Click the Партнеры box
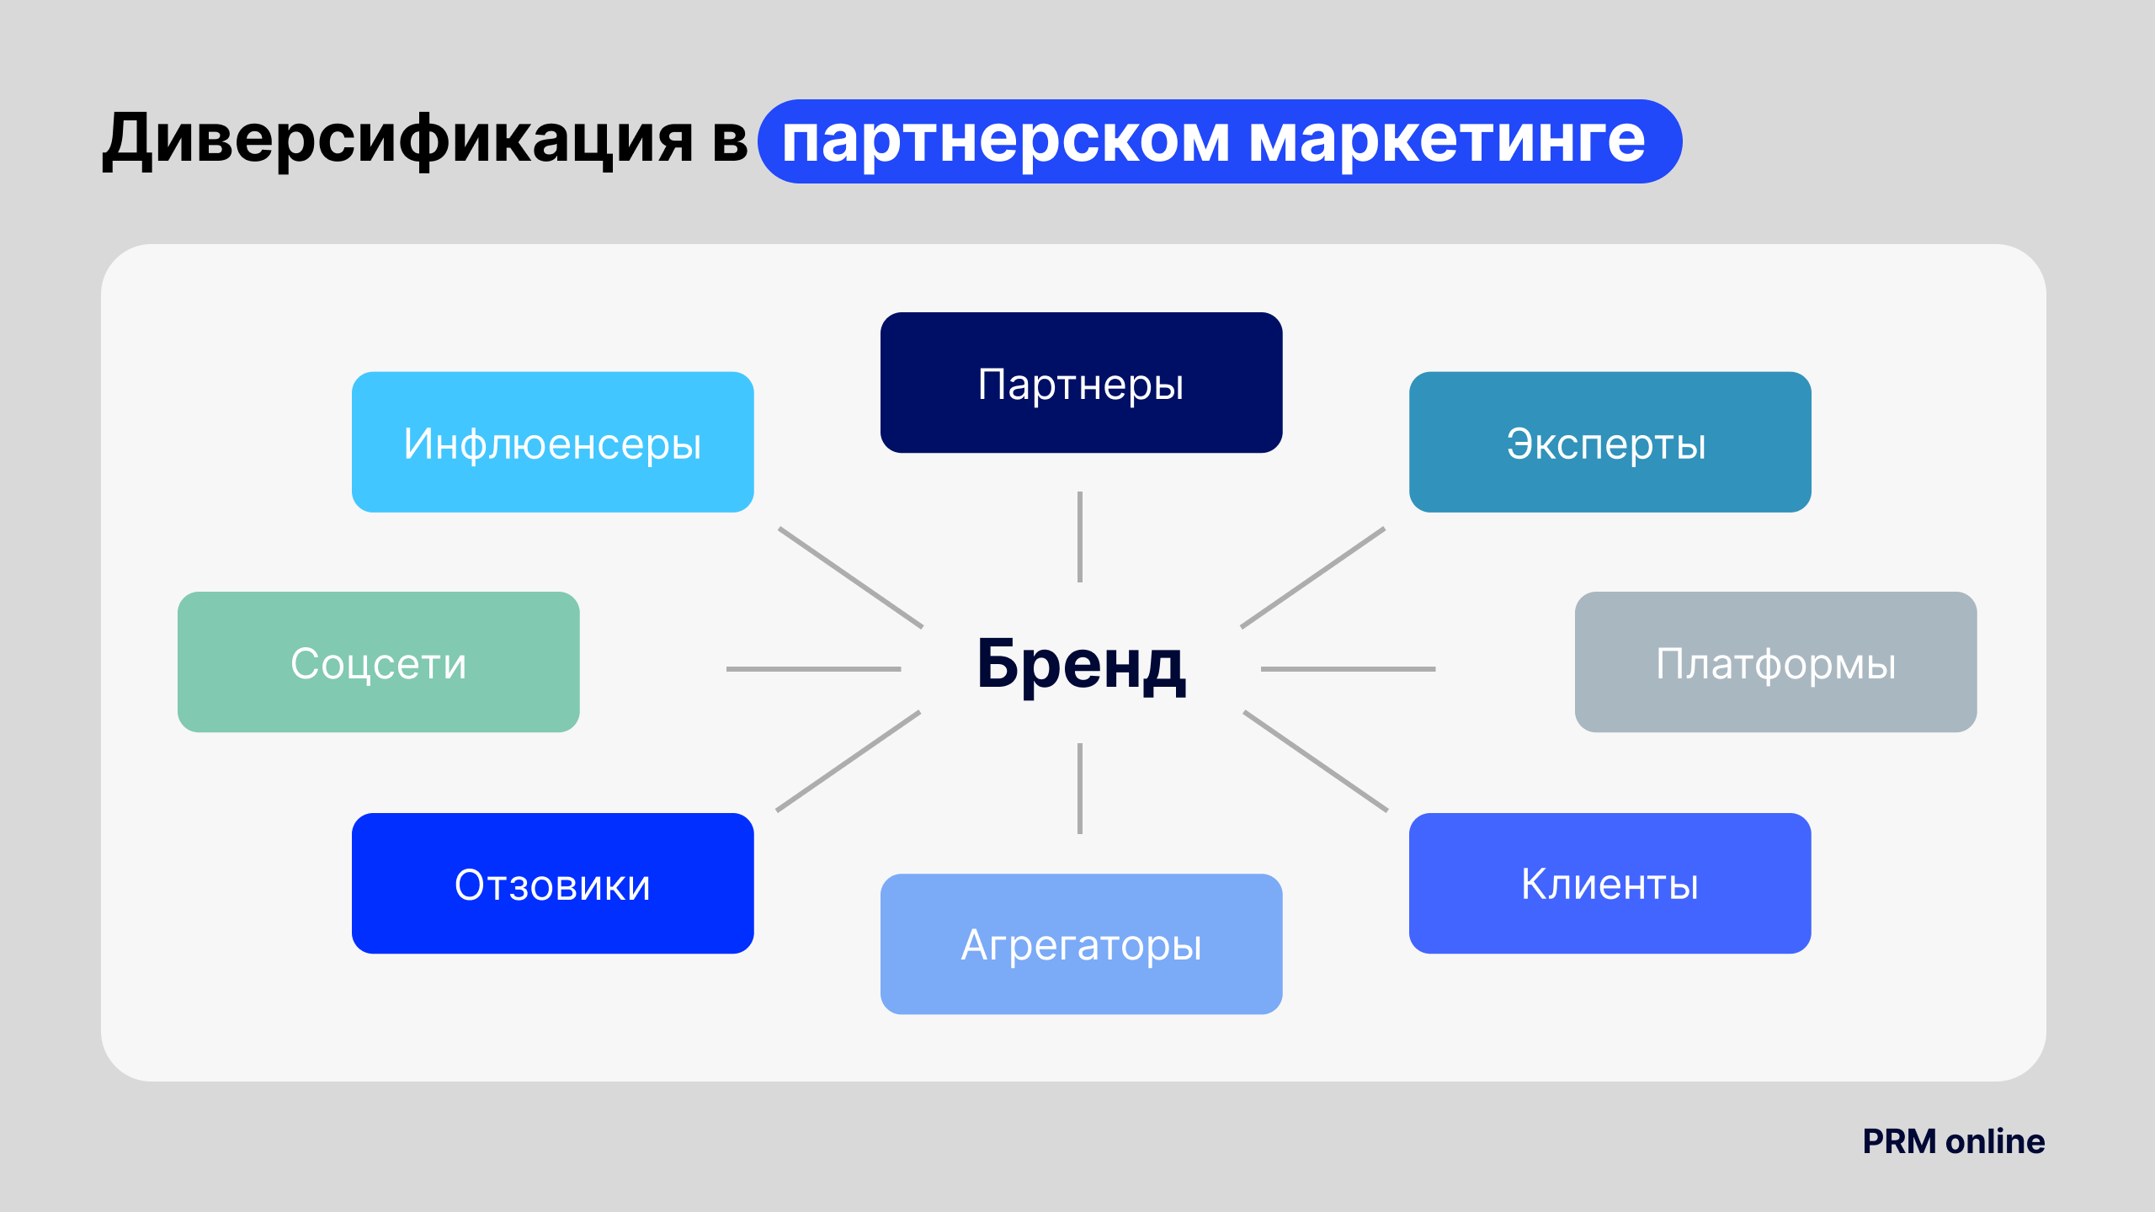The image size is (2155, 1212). [x=1081, y=383]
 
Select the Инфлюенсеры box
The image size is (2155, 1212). [x=552, y=442]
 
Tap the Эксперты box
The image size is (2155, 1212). [x=1610, y=442]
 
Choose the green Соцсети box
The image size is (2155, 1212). [x=378, y=662]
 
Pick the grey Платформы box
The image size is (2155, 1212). [x=1775, y=662]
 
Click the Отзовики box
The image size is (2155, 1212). [x=552, y=883]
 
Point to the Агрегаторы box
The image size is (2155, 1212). [x=1081, y=944]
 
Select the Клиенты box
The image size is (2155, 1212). [x=1610, y=883]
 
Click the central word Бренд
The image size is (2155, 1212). [x=1081, y=665]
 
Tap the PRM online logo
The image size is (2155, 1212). [x=1953, y=1141]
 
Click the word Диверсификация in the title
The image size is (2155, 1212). [x=397, y=140]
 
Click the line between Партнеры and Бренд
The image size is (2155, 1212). [x=1080, y=537]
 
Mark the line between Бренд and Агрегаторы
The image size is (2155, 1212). [x=1080, y=789]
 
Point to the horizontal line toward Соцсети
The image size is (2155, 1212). [x=813, y=669]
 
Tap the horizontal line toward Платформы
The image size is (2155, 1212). [x=1348, y=669]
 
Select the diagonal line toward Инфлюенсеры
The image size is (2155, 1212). [x=851, y=577]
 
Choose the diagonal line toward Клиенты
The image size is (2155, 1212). [x=1316, y=761]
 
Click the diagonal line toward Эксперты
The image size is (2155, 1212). [x=1312, y=577]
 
